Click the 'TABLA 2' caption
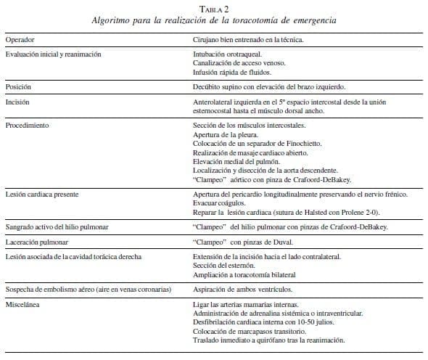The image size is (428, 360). click(213, 7)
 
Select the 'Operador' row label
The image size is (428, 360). click(20, 38)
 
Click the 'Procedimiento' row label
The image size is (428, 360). click(28, 125)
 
